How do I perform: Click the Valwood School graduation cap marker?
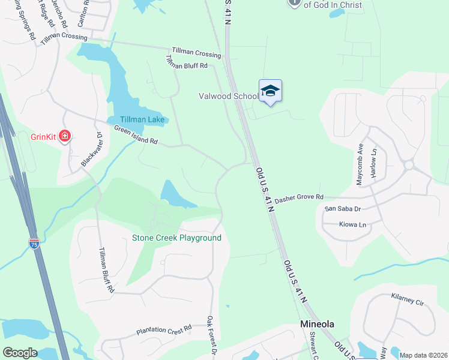(270, 91)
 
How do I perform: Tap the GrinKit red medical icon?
(64, 137)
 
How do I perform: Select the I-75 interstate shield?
(34, 244)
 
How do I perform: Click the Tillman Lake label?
(142, 120)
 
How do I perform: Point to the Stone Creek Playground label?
(176, 238)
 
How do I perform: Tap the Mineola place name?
(317, 324)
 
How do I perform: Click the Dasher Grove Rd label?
(299, 197)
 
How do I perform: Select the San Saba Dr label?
(342, 209)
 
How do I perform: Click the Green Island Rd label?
(136, 134)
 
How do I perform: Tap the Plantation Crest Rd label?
(163, 329)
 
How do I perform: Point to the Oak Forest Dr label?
(211, 334)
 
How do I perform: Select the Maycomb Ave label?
(360, 163)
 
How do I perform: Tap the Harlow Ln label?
(373, 162)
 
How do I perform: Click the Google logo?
(20, 353)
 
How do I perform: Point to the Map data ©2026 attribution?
(423, 355)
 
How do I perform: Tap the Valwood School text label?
(228, 96)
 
